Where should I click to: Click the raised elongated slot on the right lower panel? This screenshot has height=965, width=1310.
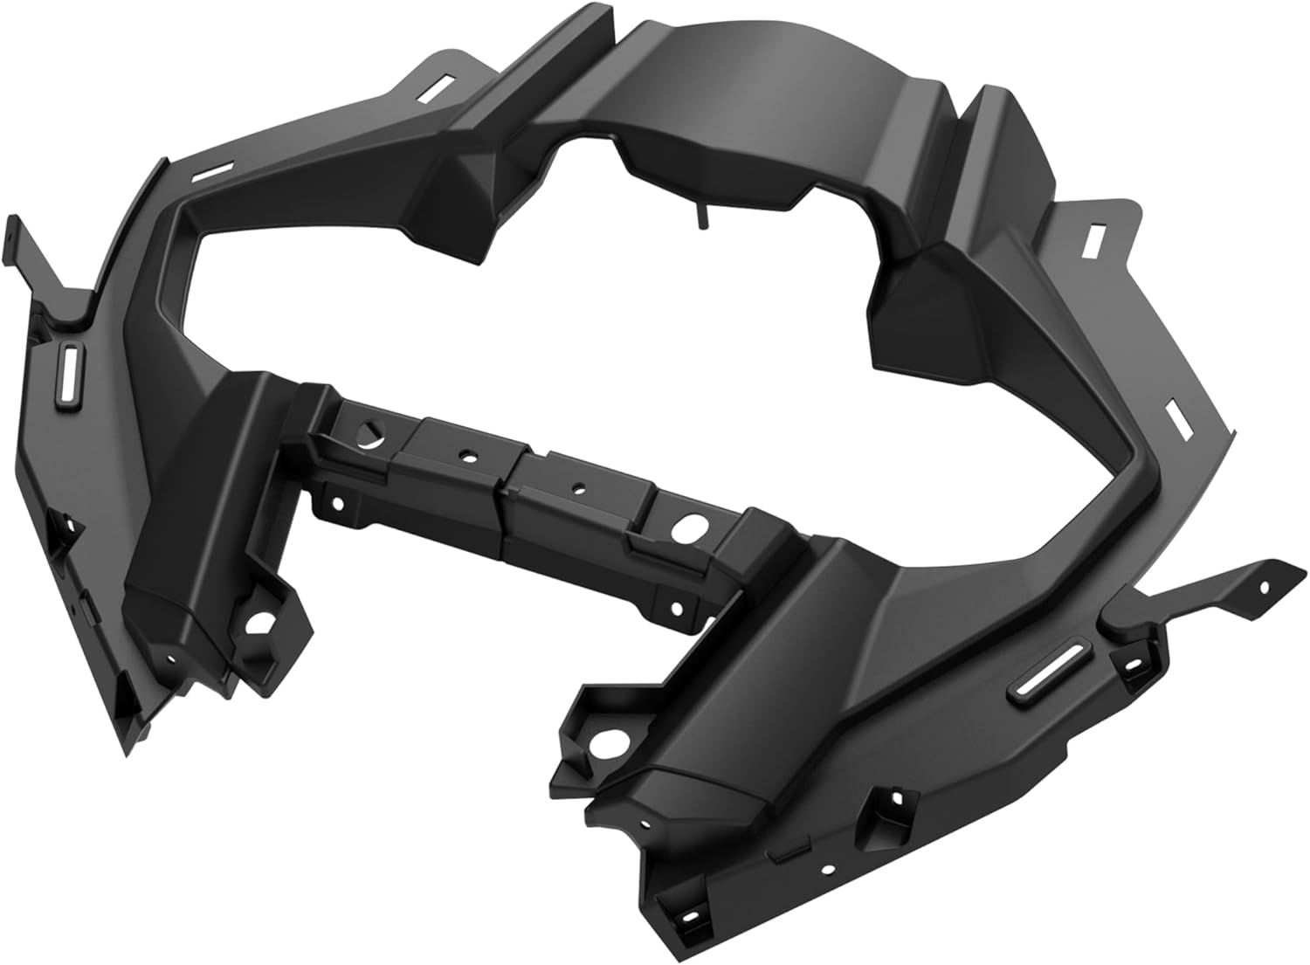click(1054, 672)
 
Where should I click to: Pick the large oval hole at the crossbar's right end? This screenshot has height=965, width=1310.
click(690, 527)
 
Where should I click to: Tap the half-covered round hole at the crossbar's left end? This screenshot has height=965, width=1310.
click(373, 433)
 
